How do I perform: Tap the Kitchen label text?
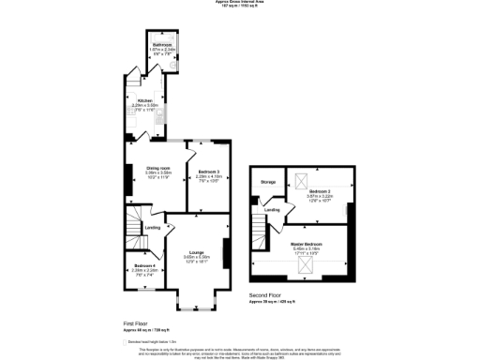pos(144,99)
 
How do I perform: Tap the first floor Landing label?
pos(152,228)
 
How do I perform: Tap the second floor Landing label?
pos(272,210)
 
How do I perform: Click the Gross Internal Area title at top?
pos(239,4)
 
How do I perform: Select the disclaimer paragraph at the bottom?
pos(239,351)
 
